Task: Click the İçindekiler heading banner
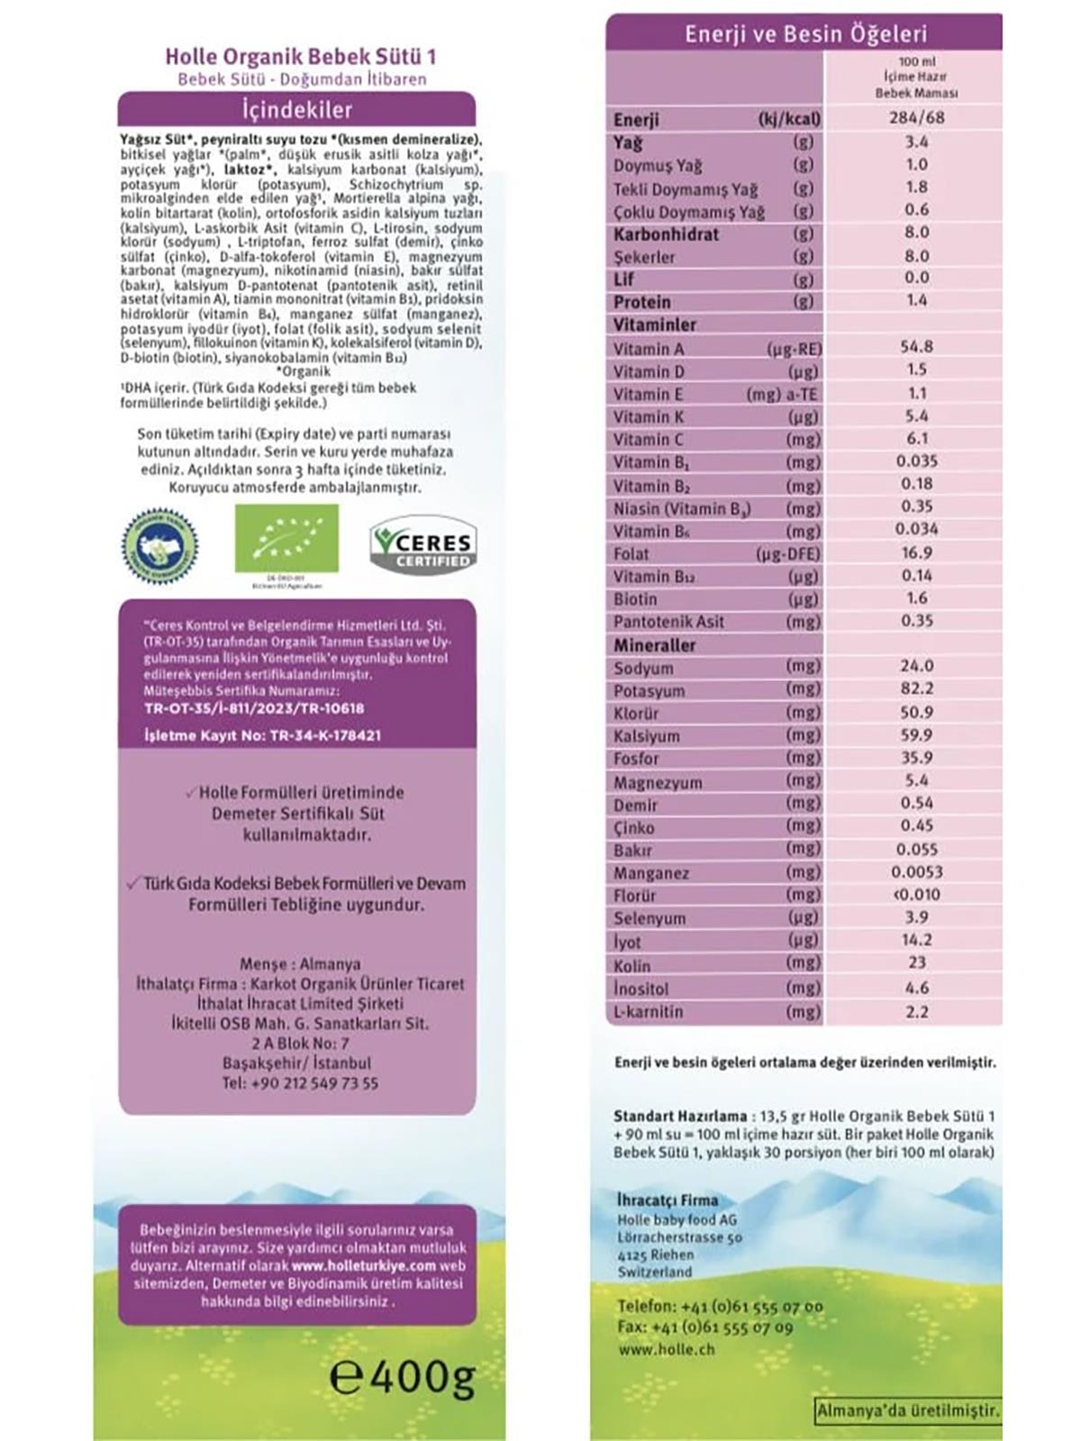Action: pos(296,110)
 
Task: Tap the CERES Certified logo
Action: pos(423,547)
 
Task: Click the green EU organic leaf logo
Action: pos(286,538)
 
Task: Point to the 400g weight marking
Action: pos(403,1376)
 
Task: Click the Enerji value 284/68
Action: pos(916,117)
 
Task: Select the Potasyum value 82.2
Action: pos(916,689)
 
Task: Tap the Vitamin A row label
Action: pos(649,349)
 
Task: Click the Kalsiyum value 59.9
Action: pos(916,734)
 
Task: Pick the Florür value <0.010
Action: pos(916,894)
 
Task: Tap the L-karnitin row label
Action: pos(649,1011)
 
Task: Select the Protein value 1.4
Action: pos(916,300)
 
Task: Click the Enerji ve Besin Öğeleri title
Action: pos(804,34)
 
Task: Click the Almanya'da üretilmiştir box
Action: pos(907,1410)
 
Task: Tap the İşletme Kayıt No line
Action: pos(262,735)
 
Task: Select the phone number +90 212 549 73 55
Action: pos(300,1082)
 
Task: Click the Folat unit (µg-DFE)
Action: pos(787,553)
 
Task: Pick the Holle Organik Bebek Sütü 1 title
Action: pos(301,57)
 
